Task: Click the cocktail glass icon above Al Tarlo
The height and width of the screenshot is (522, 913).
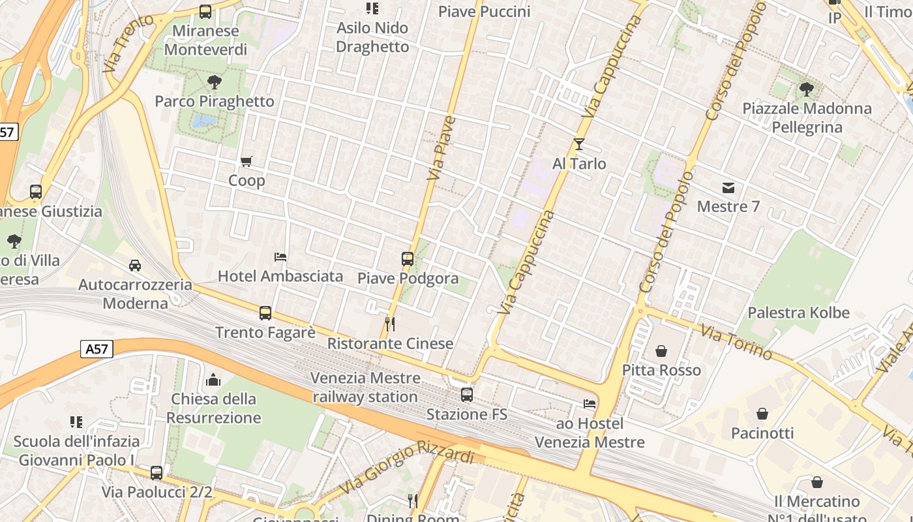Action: coord(578,144)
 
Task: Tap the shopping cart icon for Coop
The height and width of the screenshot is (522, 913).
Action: coord(247,161)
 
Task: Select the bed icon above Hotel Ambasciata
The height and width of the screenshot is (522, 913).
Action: coord(280,257)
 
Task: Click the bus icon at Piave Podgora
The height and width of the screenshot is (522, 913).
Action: coord(408,259)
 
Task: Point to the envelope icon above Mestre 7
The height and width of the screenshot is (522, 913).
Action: coord(728,188)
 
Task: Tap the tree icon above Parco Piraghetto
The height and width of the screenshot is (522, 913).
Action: coord(214,82)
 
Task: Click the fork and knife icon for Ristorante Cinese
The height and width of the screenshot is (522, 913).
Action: coord(390,324)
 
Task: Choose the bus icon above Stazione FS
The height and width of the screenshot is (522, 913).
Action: coord(467,395)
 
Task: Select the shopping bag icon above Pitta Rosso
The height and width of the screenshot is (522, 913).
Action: coord(661,351)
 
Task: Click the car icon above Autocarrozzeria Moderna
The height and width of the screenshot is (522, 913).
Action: coord(135,266)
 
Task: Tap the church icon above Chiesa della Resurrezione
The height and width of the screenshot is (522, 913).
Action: coord(213,380)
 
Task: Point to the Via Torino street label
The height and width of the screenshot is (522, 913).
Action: coord(736,341)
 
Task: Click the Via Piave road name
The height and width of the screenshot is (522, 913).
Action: coord(442,148)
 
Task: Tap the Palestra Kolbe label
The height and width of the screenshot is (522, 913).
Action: coord(798,313)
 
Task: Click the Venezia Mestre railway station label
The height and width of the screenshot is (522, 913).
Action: coord(365,387)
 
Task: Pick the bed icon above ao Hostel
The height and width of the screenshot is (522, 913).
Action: coord(590,404)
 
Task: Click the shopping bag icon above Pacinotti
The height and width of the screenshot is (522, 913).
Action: coord(762,414)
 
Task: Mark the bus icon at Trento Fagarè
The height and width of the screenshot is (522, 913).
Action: coord(265,313)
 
